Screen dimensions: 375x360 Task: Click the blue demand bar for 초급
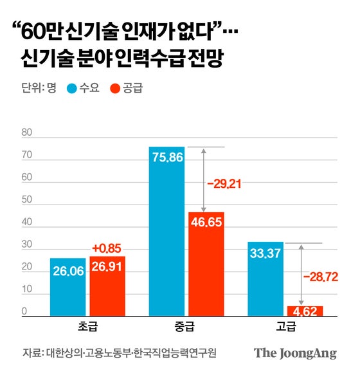coord(67,287)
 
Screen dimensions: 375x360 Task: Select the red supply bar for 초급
coord(107,286)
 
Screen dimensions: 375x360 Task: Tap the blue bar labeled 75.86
coord(166,232)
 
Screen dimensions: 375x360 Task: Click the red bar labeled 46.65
coord(206,264)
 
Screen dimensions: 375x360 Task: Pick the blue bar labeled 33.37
coord(264,279)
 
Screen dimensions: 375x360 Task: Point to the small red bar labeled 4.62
coord(305,311)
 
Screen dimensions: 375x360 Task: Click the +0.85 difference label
coord(107,248)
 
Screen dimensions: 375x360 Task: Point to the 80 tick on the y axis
coord(26,133)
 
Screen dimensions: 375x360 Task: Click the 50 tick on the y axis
coord(26,201)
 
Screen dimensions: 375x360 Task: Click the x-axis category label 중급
coord(186,326)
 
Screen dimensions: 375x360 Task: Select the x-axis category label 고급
coord(284,326)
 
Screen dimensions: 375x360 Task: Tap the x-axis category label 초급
coord(87,326)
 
